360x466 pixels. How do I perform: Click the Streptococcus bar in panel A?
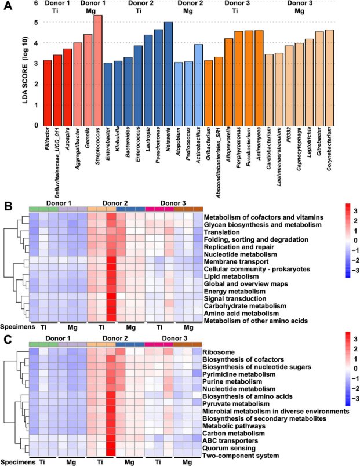coord(98,70)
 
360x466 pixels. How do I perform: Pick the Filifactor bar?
coord(48,93)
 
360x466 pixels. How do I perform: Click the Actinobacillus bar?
coord(198,85)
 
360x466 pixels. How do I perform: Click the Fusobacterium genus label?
coord(246,147)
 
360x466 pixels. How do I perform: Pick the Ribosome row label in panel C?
coord(219,351)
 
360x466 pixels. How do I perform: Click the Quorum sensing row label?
coord(228,448)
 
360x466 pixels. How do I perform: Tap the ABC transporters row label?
coord(231,440)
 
